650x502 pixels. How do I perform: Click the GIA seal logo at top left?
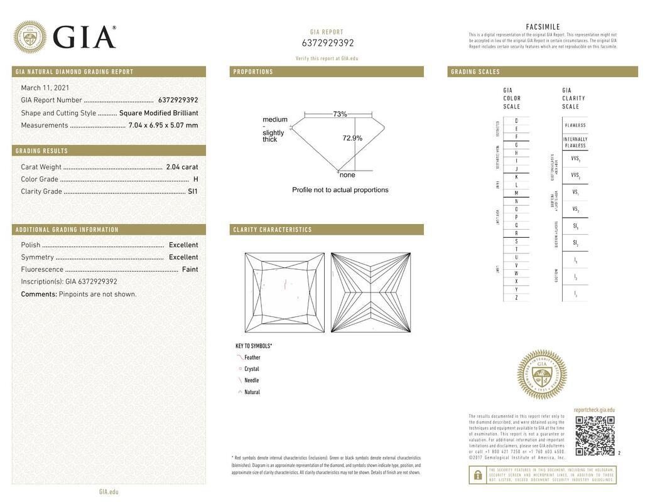pos(30,37)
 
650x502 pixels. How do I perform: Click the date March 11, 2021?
pos(45,88)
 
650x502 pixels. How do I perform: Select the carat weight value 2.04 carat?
pos(181,167)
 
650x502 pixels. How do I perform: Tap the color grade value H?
pos(195,179)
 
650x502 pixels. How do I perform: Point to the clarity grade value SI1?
pos(192,191)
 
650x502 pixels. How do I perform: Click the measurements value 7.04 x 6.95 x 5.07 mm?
pos(163,125)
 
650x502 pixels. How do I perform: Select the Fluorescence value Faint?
pos(190,269)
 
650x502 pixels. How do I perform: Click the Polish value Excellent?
pos(183,245)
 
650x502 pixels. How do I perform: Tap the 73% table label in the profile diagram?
pos(340,114)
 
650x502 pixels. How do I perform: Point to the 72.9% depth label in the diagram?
pos(352,138)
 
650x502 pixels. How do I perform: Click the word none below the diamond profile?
pos(347,175)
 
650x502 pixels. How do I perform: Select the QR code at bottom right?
pos(595,435)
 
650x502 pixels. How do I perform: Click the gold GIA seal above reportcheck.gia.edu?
pos(541,375)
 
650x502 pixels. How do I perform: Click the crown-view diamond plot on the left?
pos(284,292)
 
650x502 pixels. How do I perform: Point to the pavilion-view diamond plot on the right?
pos(371,292)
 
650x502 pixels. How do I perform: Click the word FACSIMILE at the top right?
pos(543,27)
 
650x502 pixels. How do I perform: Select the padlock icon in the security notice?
pos(477,475)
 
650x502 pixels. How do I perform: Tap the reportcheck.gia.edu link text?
pos(594,410)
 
